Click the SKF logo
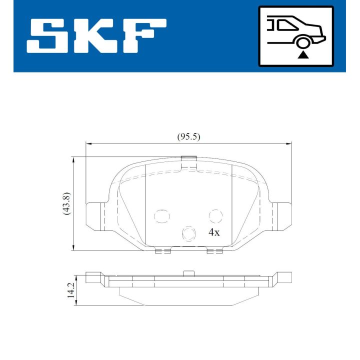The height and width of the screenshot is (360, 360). coord(96,37)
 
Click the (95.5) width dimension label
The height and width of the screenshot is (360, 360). coord(188,136)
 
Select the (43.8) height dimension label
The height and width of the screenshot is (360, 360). coord(66,204)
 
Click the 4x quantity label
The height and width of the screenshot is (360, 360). coord(214,232)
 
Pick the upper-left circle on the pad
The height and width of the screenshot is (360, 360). coord(161,215)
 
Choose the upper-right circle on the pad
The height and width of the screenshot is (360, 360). coord(215,215)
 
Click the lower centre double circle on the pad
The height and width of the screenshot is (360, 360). coord(188,233)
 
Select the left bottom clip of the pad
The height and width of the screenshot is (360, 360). coord(163,251)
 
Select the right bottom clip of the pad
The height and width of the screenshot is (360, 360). coord(214,251)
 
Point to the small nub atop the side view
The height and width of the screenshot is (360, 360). coord(188,273)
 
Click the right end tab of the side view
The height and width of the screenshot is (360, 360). coord(284,276)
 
